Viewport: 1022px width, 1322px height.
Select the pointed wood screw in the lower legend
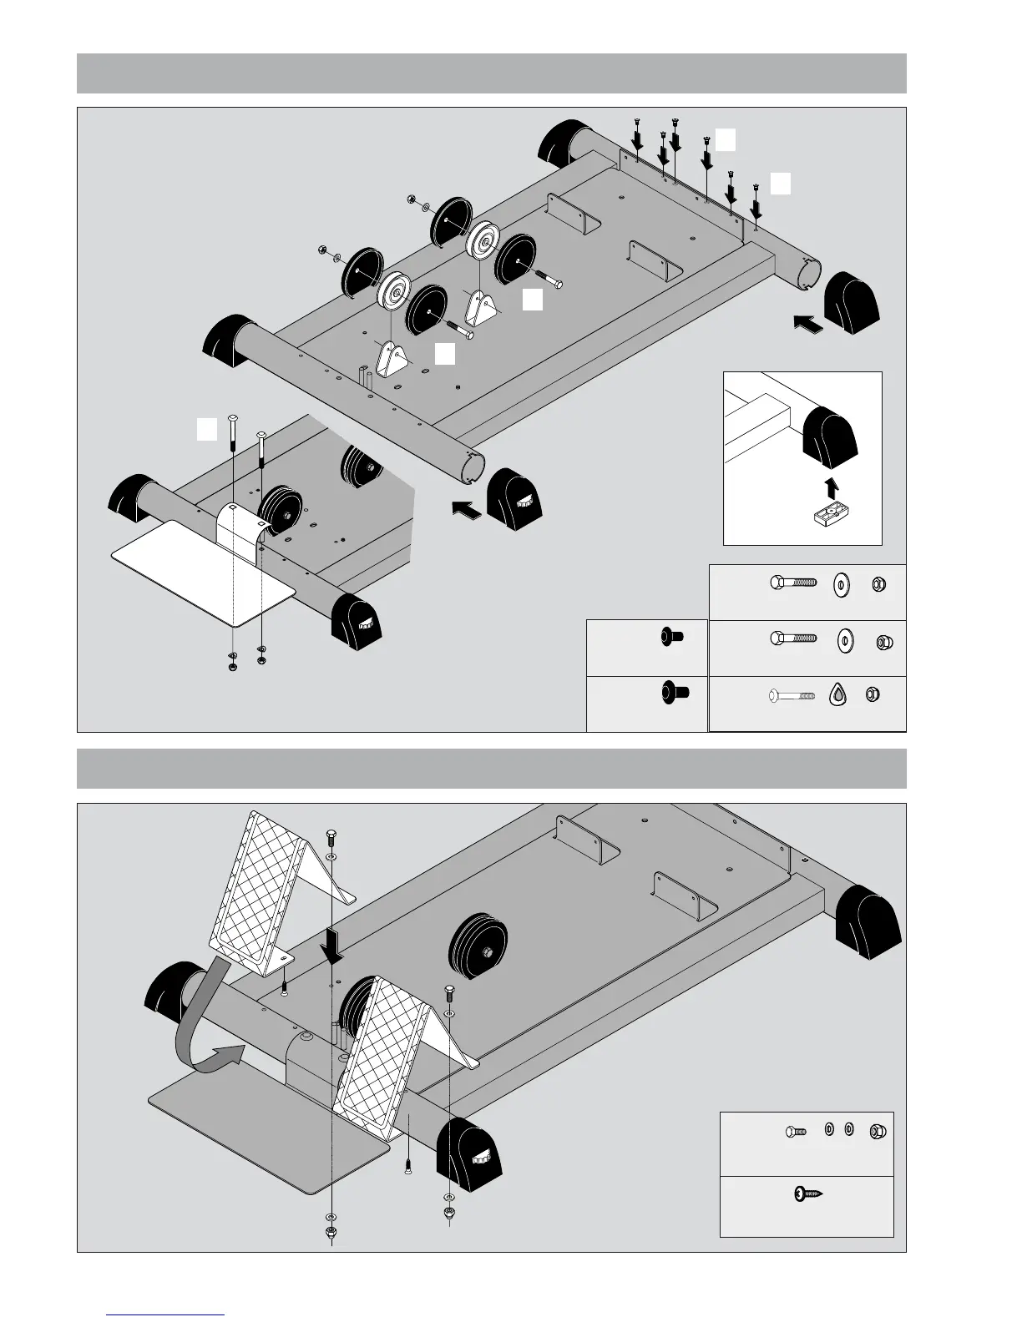pyautogui.click(x=807, y=1194)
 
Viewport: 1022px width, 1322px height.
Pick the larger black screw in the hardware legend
pyautogui.click(x=671, y=692)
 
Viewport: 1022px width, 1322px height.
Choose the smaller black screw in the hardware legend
pyautogui.click(x=670, y=638)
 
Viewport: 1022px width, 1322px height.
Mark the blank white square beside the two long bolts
pyautogui.click(x=207, y=430)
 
